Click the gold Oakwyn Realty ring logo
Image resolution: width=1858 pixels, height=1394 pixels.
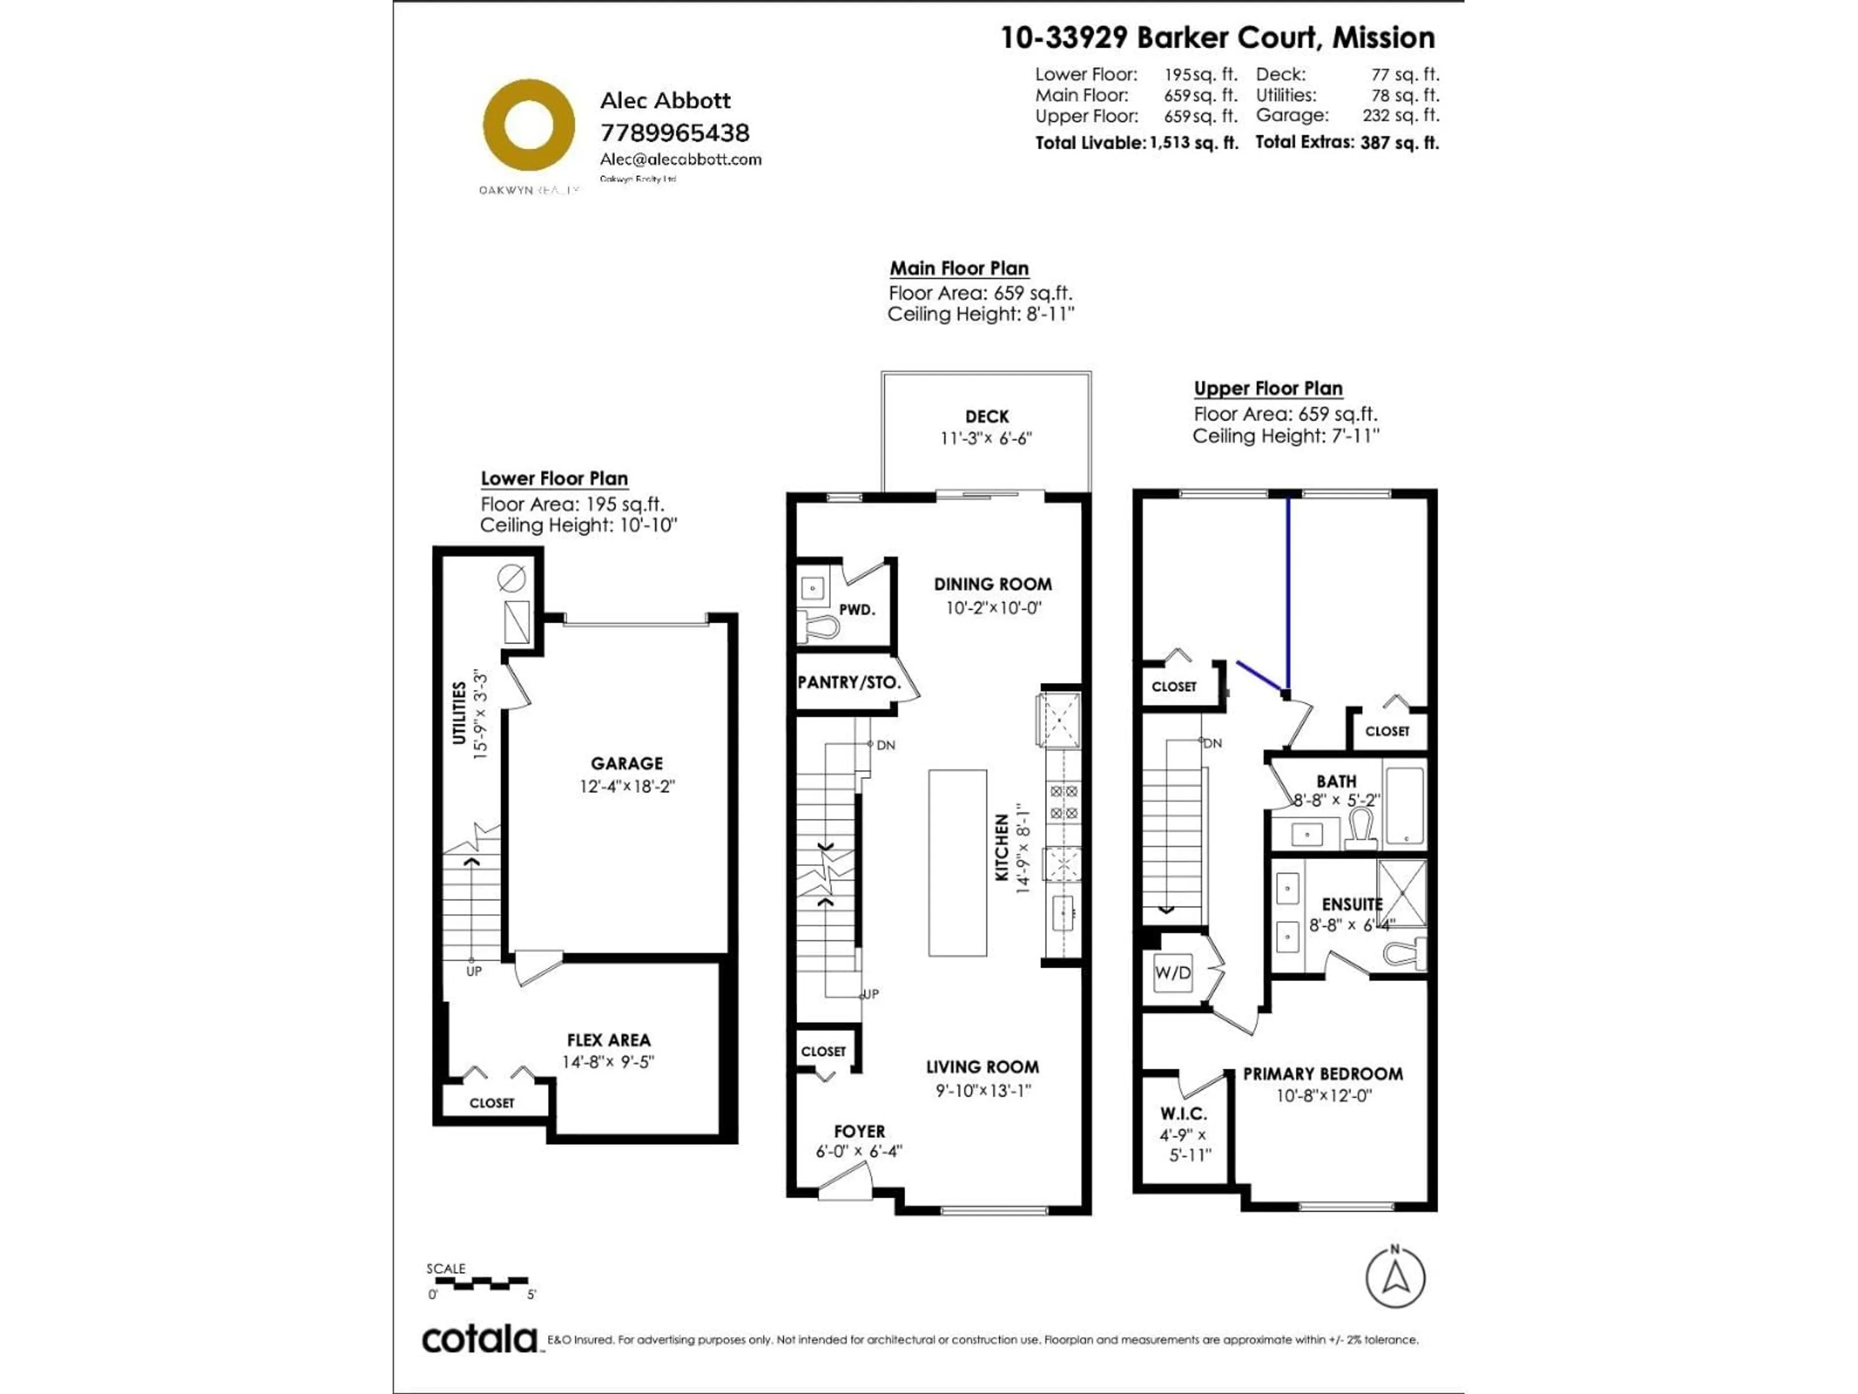(x=528, y=125)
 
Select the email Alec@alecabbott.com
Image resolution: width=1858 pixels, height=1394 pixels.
(x=680, y=159)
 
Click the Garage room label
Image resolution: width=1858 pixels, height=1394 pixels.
(x=627, y=763)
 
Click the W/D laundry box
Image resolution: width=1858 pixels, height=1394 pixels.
(x=1172, y=973)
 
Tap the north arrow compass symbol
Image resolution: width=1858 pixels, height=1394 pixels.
(x=1395, y=1278)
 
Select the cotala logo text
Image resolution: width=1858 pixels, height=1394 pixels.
(x=479, y=1339)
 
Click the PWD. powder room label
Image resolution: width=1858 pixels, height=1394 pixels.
(x=857, y=609)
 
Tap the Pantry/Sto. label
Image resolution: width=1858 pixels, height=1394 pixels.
(x=848, y=682)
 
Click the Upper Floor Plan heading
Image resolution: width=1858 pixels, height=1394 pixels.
(x=1268, y=388)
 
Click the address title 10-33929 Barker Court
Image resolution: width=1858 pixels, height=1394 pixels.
(x=1217, y=38)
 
